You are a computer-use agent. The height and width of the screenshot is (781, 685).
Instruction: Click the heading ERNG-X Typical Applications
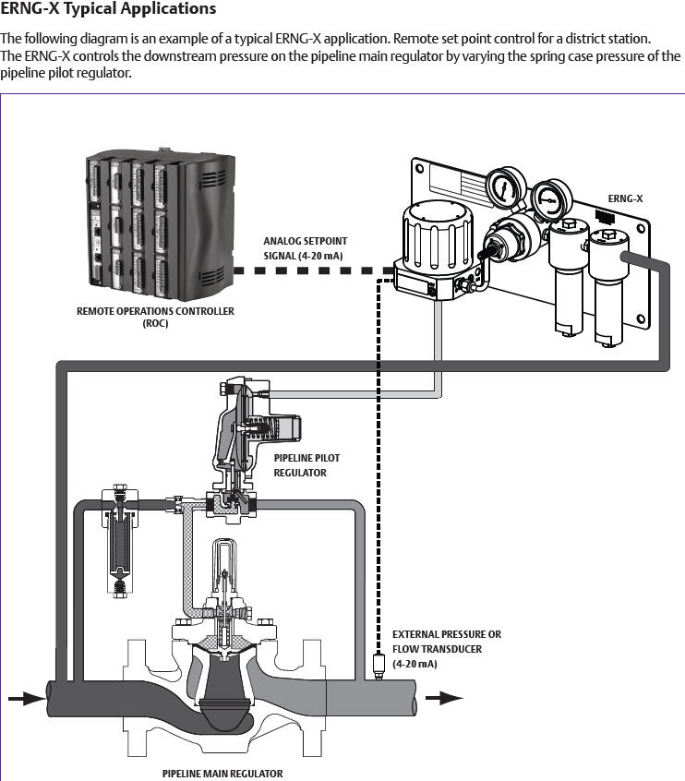click(x=109, y=10)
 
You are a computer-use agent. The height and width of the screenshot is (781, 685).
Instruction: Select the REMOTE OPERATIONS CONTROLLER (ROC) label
click(x=155, y=317)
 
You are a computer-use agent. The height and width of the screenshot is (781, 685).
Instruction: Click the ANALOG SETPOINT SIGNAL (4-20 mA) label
click(x=306, y=247)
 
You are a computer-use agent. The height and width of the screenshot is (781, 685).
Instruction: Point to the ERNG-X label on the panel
click(x=625, y=198)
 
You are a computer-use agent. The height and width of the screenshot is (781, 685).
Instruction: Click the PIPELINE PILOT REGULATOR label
click(x=300, y=465)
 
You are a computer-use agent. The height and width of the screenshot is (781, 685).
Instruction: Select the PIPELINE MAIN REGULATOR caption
click(x=222, y=774)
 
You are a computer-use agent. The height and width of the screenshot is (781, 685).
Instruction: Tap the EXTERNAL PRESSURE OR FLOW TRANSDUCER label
click(x=447, y=649)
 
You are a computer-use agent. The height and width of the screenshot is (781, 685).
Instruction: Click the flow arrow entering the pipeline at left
click(x=24, y=697)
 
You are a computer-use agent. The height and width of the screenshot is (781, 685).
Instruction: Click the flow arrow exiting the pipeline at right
click(x=450, y=697)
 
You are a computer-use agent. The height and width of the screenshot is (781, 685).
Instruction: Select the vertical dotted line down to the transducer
click(x=378, y=462)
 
